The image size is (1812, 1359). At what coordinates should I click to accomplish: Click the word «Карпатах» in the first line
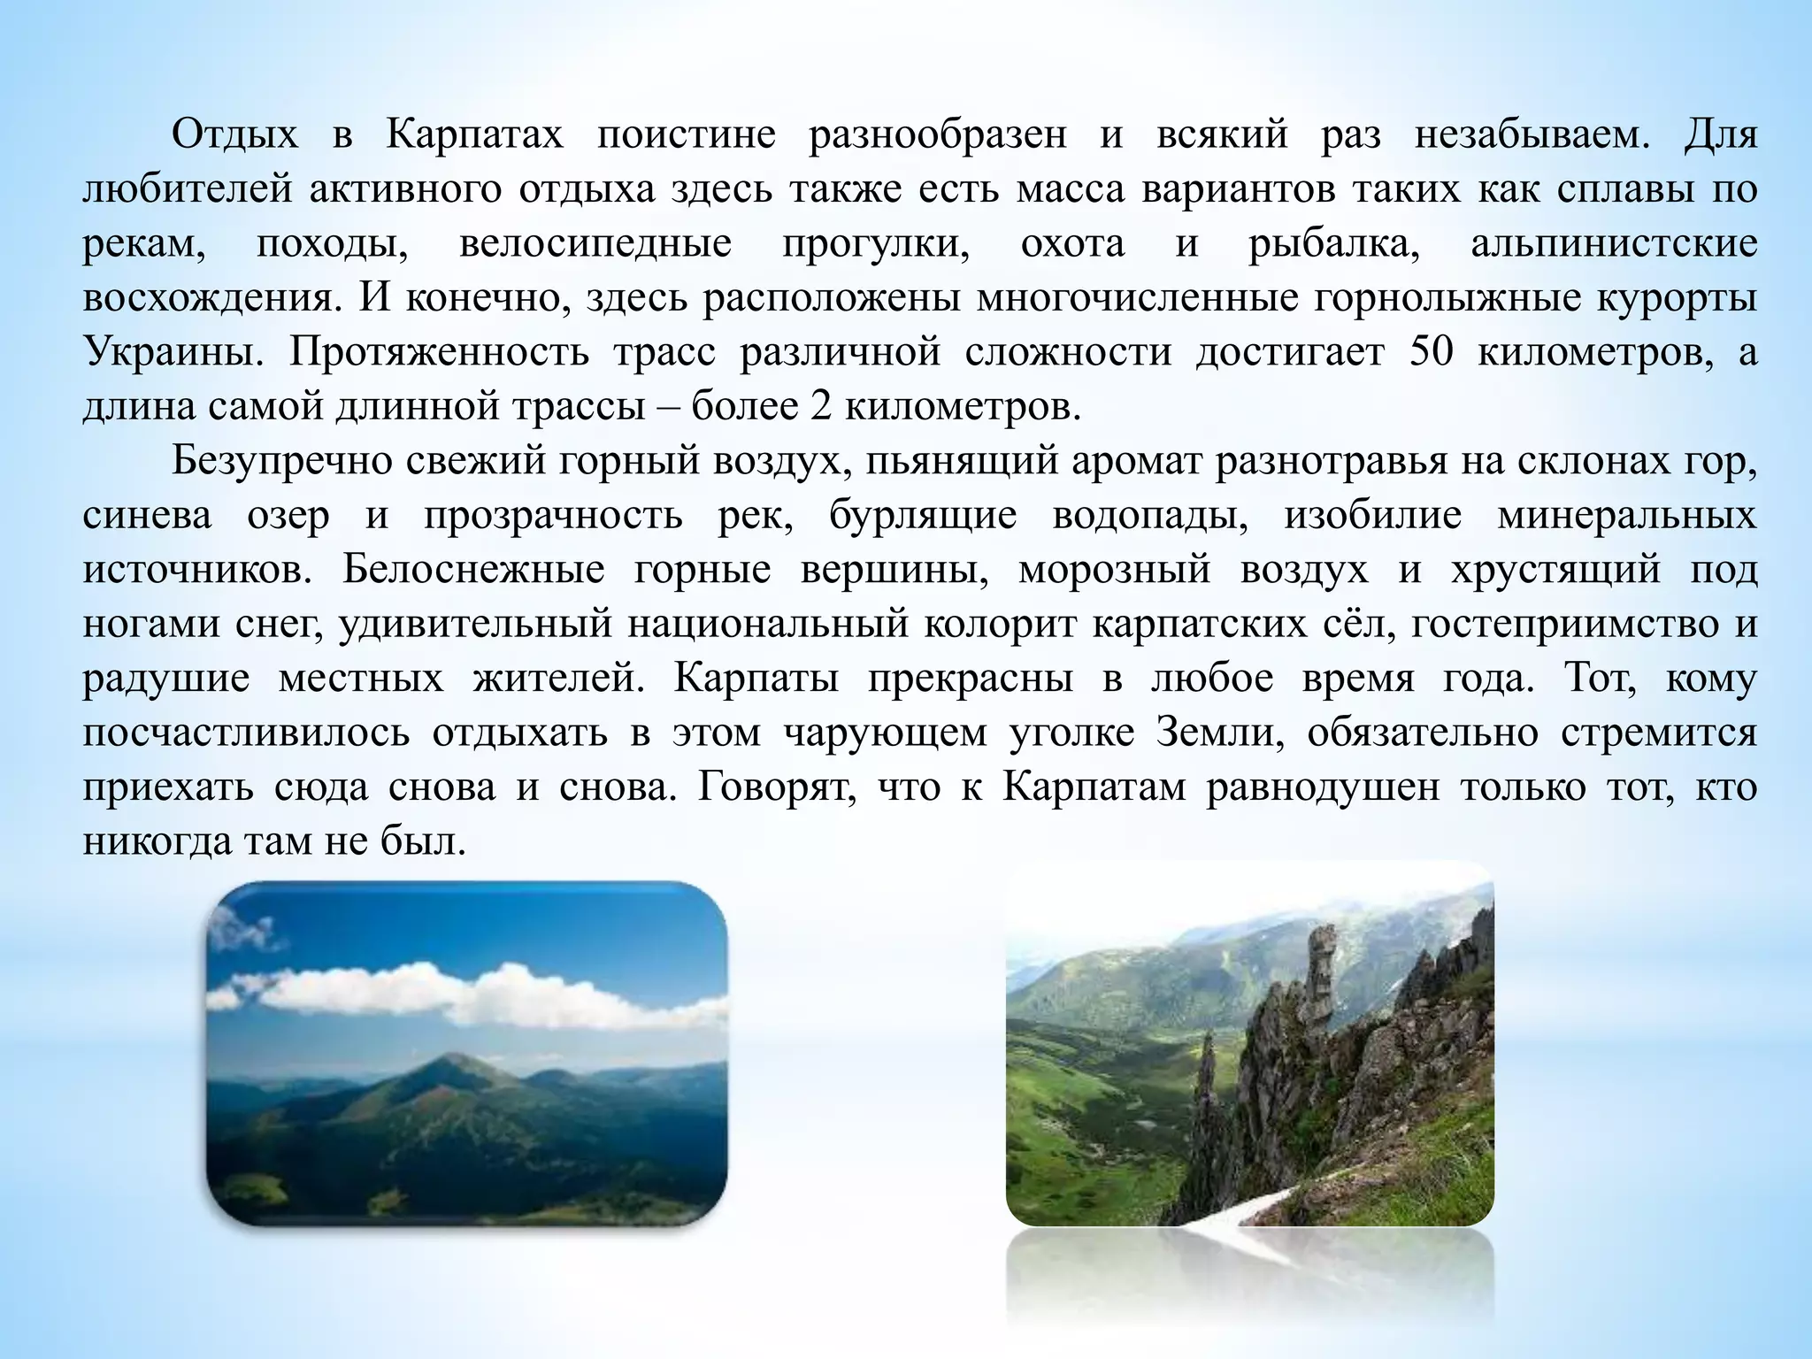[474, 135]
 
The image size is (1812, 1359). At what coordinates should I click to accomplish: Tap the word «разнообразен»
[937, 135]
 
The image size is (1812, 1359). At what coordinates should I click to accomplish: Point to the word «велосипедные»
[595, 243]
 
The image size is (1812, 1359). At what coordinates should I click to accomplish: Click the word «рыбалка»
[1333, 243]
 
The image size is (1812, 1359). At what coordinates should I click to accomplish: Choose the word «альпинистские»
[1614, 243]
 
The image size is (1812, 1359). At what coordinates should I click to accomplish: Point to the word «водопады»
[1149, 515]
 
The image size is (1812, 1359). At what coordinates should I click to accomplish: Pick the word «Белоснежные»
[473, 570]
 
